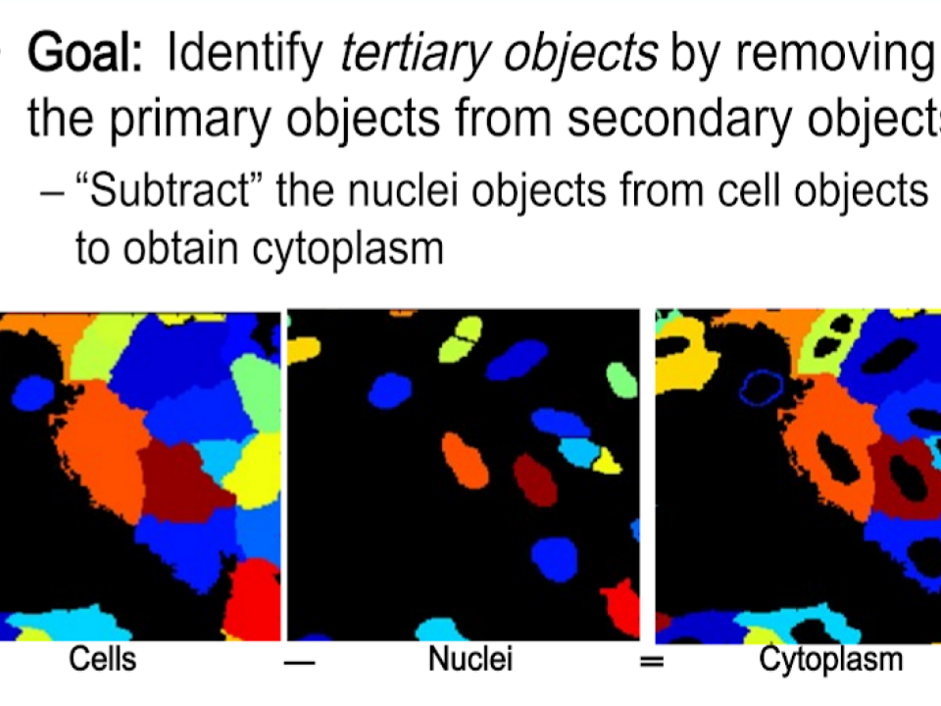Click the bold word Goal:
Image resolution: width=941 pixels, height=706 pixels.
(85, 54)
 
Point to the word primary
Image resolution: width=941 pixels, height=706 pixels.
(189, 119)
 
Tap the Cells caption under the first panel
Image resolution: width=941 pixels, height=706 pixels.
(102, 659)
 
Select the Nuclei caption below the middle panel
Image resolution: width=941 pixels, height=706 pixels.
(470, 659)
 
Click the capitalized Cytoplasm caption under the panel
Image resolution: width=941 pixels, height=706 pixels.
(831, 660)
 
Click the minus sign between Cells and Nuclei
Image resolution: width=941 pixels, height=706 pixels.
(300, 663)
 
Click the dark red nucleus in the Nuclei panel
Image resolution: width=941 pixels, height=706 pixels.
(535, 480)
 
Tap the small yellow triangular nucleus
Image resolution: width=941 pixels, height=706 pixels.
(608, 461)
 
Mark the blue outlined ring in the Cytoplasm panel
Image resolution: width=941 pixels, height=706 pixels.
(761, 388)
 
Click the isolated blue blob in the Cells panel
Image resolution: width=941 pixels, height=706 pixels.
(33, 392)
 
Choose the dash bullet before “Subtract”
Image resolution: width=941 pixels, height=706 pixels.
(52, 194)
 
